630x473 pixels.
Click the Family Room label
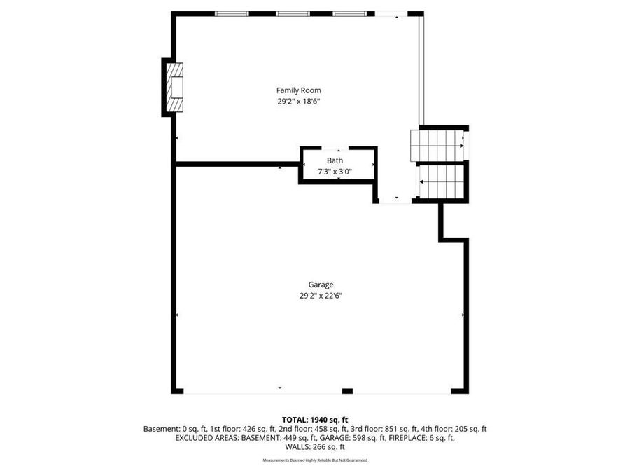tap(299, 90)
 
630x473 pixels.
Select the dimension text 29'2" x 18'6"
tap(299, 102)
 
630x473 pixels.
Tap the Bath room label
tap(335, 160)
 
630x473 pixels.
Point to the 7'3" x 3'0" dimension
tap(335, 171)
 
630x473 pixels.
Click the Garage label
tap(321, 285)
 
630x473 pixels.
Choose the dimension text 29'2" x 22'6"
tap(321, 296)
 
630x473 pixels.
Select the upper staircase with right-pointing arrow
tap(437, 144)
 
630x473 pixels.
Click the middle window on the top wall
tap(293, 13)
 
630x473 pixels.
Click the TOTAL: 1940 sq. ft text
tap(314, 419)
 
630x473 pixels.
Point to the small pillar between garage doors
tap(347, 390)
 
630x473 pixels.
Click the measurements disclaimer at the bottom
tap(314, 460)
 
